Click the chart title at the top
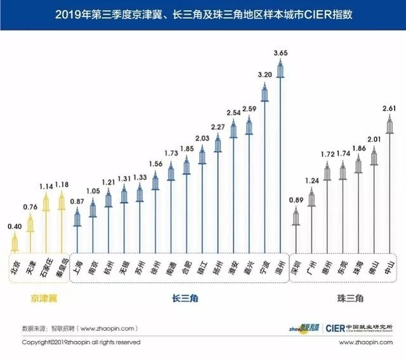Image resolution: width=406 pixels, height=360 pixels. point(203,15)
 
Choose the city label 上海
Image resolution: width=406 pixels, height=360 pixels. point(78,266)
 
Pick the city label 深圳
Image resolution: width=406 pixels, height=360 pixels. point(296,266)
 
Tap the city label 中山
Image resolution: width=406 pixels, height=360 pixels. point(390,266)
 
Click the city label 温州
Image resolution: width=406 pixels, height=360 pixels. point(280,266)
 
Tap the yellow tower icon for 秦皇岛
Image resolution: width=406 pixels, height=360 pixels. point(62,202)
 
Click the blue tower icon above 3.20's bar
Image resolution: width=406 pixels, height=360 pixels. point(265,95)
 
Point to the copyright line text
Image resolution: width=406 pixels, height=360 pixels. point(81,342)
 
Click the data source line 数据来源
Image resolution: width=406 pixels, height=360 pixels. point(79,328)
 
